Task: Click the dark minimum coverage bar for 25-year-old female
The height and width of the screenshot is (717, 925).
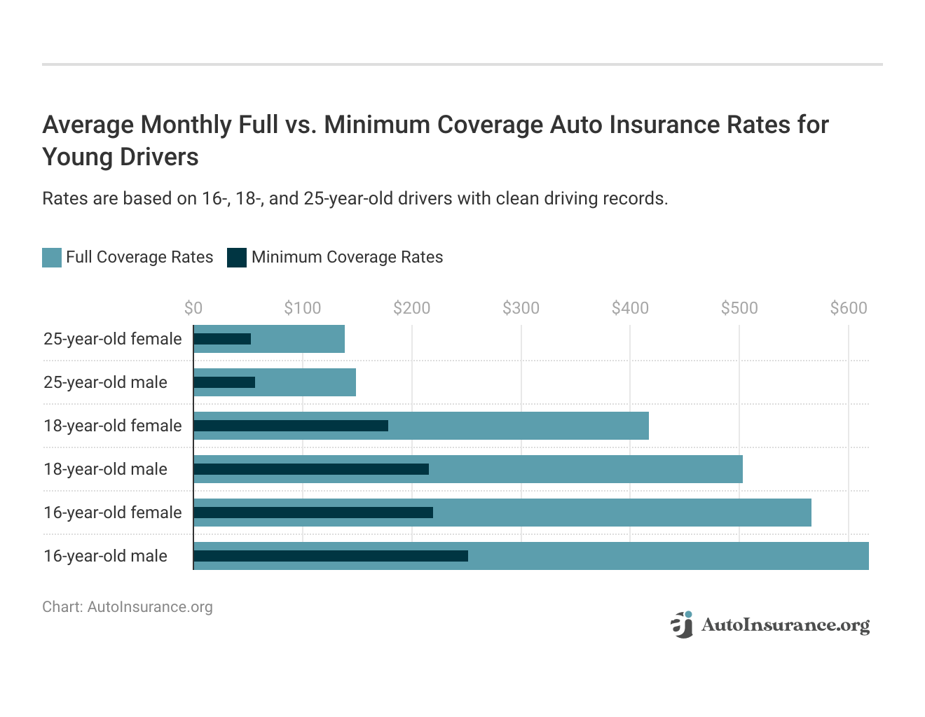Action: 222,339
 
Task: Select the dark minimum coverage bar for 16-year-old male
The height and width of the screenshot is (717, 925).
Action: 331,556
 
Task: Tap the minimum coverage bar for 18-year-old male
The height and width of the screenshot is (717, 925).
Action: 311,469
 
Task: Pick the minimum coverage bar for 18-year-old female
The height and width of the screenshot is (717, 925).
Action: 291,426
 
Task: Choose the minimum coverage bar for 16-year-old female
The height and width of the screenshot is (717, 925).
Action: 313,513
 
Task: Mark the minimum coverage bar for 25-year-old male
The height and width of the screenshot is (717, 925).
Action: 224,382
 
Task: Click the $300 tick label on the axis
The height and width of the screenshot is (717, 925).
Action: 521,308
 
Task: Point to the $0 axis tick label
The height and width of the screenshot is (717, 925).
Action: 193,308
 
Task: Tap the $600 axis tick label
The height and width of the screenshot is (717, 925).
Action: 848,308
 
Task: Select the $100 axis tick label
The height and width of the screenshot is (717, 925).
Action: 302,308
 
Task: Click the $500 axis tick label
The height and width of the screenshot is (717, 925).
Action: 739,308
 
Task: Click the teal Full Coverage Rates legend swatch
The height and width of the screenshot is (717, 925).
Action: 52,258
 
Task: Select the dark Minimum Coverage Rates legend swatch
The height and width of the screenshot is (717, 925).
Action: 237,258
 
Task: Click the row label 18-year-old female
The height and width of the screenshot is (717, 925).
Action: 112,426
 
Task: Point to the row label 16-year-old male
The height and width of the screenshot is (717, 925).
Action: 105,556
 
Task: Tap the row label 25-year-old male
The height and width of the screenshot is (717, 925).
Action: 105,382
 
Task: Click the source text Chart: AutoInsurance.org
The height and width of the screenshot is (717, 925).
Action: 127,607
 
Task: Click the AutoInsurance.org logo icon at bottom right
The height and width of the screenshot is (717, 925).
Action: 681,624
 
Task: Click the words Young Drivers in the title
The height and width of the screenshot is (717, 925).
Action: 121,157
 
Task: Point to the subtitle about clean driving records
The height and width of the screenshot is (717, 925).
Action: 355,199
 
